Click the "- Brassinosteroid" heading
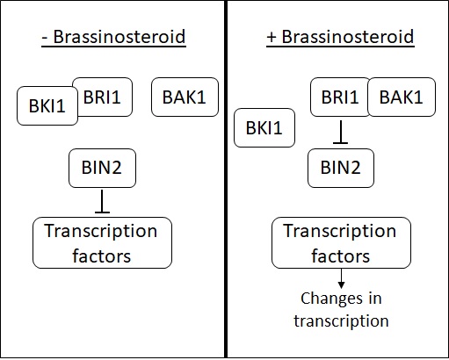pyautogui.click(x=113, y=37)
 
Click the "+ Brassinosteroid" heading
pyautogui.click(x=340, y=37)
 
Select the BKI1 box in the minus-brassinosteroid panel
pyautogui.click(x=47, y=106)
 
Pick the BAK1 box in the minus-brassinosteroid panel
pyautogui.click(x=185, y=97)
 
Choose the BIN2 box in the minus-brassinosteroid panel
pyautogui.click(x=102, y=168)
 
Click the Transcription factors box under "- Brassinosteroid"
pyautogui.click(x=102, y=242)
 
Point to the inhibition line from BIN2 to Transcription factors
pyautogui.click(x=102, y=201)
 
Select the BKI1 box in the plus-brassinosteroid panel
pyautogui.click(x=264, y=127)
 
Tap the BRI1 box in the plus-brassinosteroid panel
pyautogui.click(x=340, y=97)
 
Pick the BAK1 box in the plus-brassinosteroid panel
pyautogui.click(x=402, y=97)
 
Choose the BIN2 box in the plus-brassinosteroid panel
pyautogui.click(x=341, y=168)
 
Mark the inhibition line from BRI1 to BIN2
pyautogui.click(x=340, y=133)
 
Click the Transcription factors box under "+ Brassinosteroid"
pyautogui.click(x=341, y=242)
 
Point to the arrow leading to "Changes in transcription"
pyautogui.click(x=341, y=278)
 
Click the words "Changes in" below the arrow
pyautogui.click(x=341, y=299)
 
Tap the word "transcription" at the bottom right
pyautogui.click(x=341, y=321)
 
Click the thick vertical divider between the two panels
pyautogui.click(x=226, y=179)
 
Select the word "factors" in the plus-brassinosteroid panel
pyautogui.click(x=340, y=256)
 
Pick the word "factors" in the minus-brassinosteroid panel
pyautogui.click(x=101, y=256)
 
